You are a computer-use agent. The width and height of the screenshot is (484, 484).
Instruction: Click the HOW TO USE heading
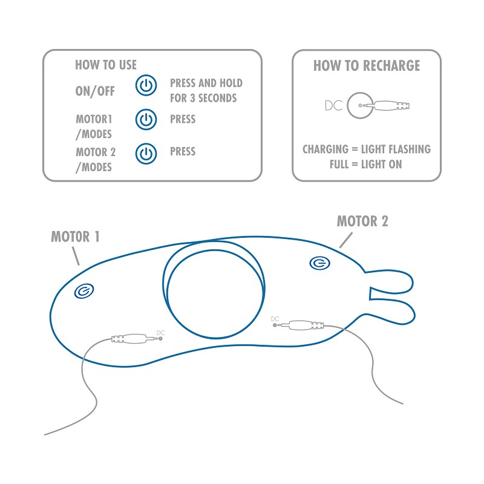106,65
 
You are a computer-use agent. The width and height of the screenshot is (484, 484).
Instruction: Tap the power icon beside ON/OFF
146,85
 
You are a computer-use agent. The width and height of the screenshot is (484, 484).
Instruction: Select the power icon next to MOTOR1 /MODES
146,119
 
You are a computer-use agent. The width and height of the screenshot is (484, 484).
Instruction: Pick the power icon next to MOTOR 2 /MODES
146,154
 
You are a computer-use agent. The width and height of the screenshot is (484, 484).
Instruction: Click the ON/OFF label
95,91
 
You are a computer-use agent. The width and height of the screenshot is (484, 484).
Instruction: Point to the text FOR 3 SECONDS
203,98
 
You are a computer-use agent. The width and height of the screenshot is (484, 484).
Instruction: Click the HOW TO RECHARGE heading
367,66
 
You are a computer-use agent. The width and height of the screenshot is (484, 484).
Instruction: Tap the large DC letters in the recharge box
334,105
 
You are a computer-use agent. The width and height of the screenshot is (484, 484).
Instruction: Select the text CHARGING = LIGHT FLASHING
367,149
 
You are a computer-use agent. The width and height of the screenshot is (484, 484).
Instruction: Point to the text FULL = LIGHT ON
366,164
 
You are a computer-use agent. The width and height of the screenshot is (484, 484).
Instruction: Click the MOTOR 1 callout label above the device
75,237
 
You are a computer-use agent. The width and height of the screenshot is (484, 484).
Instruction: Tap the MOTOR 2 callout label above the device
362,221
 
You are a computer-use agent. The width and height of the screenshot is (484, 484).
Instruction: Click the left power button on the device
84,291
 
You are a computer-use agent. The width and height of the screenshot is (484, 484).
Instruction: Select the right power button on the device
320,263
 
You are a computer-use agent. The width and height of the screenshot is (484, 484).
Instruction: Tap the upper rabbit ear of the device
390,281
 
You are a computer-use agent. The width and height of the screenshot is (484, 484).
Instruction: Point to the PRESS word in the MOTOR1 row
183,119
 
